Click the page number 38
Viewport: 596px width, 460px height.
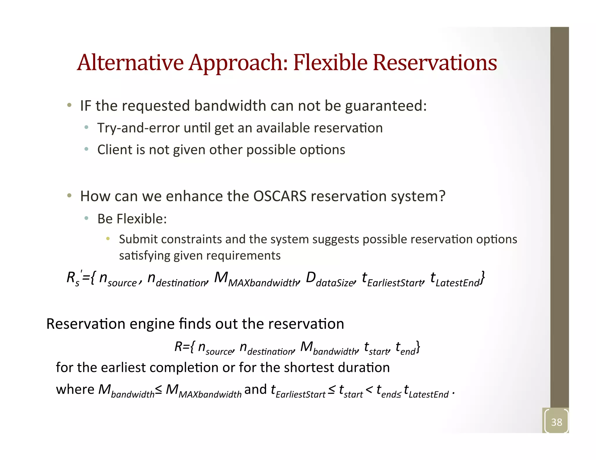556,422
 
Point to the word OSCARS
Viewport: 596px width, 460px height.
280,196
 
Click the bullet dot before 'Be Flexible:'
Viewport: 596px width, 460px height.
86,218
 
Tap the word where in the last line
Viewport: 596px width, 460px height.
75,390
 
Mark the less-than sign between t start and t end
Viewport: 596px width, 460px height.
369,390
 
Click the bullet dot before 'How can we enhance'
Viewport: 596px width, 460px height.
69,196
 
